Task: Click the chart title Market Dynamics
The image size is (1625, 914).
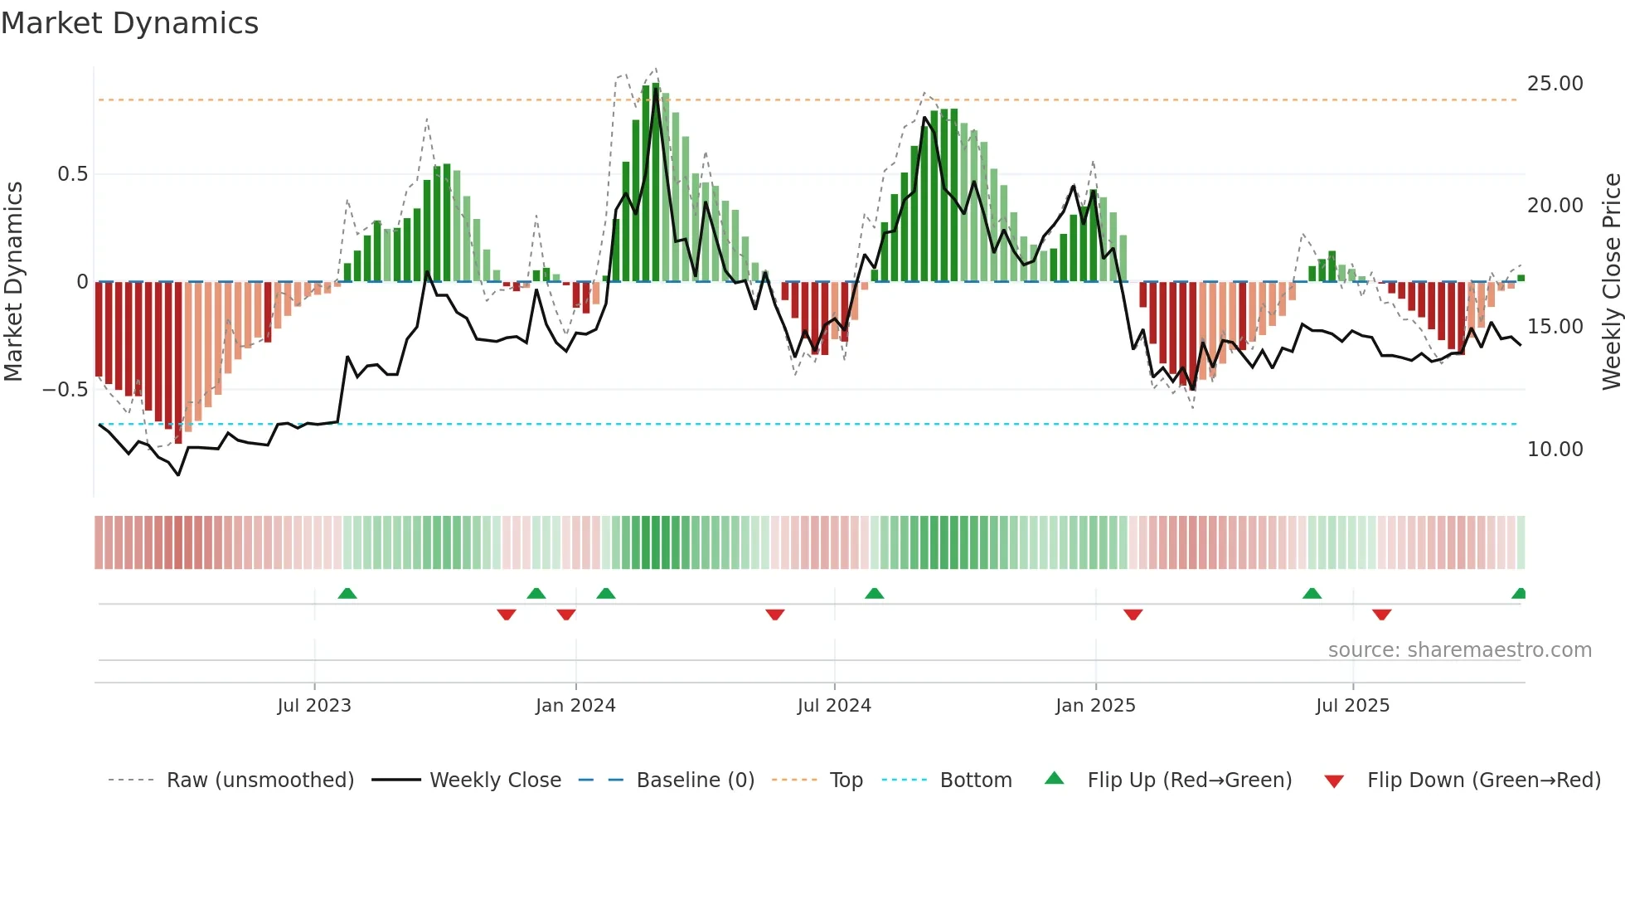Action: tap(129, 23)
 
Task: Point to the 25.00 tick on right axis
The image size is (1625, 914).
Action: tap(1555, 84)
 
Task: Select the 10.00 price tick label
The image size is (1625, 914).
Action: tap(1555, 450)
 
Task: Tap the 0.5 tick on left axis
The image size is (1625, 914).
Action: tap(72, 174)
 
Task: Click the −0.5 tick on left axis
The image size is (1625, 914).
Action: tap(65, 390)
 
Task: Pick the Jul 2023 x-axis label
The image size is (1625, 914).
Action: tap(314, 706)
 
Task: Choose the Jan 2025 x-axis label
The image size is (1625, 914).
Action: tap(1095, 706)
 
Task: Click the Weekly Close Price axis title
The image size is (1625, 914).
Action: tap(1611, 282)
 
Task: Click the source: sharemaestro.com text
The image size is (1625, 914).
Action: tap(1459, 650)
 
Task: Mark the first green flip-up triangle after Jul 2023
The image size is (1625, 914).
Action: tap(347, 594)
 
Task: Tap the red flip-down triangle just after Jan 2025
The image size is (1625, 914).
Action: tap(1133, 615)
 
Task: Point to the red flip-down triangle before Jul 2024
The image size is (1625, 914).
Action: tap(774, 615)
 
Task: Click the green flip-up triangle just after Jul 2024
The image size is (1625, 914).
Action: tap(874, 594)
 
